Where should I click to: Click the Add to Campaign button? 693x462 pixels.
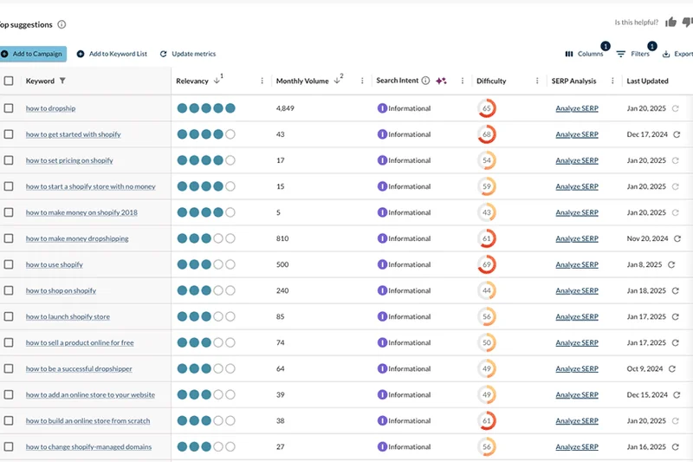(33, 54)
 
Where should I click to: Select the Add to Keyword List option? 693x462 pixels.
(112, 54)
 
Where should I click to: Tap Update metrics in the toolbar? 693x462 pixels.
(188, 54)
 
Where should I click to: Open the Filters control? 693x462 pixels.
(633, 54)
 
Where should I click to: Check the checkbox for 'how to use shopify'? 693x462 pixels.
(9, 264)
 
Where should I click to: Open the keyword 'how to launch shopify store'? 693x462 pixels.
(68, 316)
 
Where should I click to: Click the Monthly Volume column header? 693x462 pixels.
(302, 81)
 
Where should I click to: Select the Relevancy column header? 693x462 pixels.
(192, 81)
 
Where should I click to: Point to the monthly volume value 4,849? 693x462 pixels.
(286, 108)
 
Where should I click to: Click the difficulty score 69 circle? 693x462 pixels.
(487, 264)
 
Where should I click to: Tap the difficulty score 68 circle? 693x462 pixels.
(487, 134)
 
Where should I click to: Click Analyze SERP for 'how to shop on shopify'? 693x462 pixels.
(577, 290)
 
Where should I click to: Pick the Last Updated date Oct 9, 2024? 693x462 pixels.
(644, 368)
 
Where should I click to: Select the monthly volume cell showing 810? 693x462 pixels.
(282, 238)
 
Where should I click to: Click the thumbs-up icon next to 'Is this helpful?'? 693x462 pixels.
(670, 23)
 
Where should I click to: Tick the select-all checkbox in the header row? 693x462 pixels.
(9, 81)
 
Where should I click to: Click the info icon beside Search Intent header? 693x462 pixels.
(425, 81)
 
